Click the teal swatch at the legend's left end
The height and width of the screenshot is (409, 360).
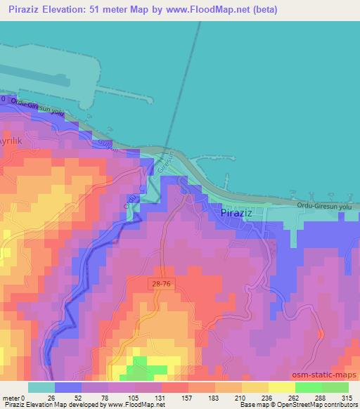[x=41, y=387]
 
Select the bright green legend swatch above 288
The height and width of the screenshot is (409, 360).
[x=308, y=387]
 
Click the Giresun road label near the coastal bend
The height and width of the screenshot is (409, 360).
[x=166, y=164]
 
